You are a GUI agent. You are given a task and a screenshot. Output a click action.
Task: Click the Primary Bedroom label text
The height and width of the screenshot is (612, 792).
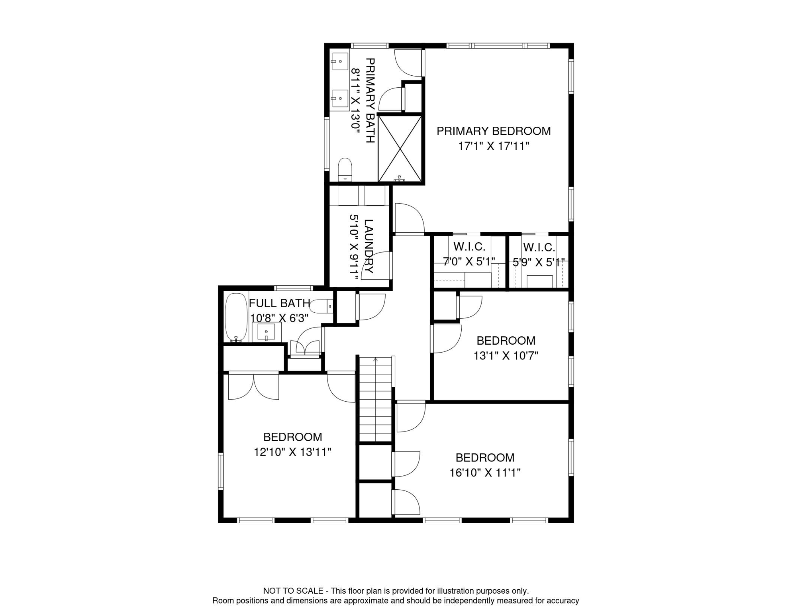click(493, 131)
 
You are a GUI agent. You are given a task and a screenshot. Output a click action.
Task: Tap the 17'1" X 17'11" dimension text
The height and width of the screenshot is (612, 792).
click(493, 146)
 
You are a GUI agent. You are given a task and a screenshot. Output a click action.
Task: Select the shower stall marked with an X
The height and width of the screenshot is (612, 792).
click(400, 149)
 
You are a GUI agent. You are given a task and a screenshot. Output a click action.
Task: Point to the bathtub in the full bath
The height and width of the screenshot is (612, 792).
click(236, 318)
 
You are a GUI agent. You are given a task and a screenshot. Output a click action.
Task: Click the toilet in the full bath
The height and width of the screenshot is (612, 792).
click(321, 306)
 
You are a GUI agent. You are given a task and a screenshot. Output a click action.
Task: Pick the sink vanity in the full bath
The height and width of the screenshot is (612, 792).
click(266, 332)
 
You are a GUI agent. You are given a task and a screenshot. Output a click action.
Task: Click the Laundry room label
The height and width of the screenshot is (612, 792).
click(369, 246)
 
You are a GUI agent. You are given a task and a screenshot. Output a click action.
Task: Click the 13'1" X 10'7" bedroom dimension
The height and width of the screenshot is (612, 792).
click(506, 355)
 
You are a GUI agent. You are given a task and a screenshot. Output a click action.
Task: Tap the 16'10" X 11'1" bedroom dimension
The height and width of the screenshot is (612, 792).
click(485, 473)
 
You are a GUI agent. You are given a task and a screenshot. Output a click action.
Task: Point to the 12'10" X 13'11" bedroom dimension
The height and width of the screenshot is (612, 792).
click(292, 452)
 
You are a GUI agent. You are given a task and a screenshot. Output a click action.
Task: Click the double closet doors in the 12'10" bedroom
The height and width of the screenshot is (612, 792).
click(253, 386)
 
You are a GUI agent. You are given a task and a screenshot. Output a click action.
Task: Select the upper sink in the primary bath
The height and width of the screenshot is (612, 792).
click(340, 61)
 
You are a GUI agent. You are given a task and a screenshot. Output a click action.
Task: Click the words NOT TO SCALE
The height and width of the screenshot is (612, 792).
click(293, 591)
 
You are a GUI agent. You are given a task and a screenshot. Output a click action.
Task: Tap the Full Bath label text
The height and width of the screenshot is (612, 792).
click(279, 303)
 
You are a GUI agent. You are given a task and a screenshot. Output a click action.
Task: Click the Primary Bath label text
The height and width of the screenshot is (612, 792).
click(370, 100)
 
